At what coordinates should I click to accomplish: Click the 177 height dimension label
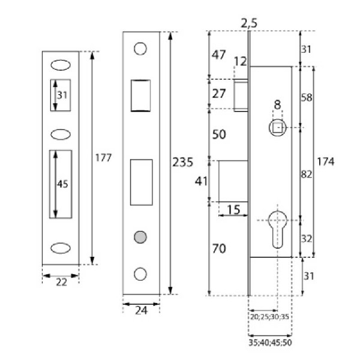point(104,157)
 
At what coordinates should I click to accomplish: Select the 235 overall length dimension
point(182,162)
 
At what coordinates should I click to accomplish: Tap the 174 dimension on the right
point(325,162)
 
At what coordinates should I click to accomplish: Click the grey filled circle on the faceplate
point(141,236)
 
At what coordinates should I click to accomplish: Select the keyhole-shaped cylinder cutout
point(277,229)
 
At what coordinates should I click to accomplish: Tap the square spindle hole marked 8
point(277,127)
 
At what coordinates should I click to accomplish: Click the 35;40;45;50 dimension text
point(269,344)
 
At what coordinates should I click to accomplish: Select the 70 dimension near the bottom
point(219,249)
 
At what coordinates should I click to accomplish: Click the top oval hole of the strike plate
point(61,63)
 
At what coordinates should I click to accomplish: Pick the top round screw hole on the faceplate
point(140,49)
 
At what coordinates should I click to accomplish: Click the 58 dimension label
point(307,97)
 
